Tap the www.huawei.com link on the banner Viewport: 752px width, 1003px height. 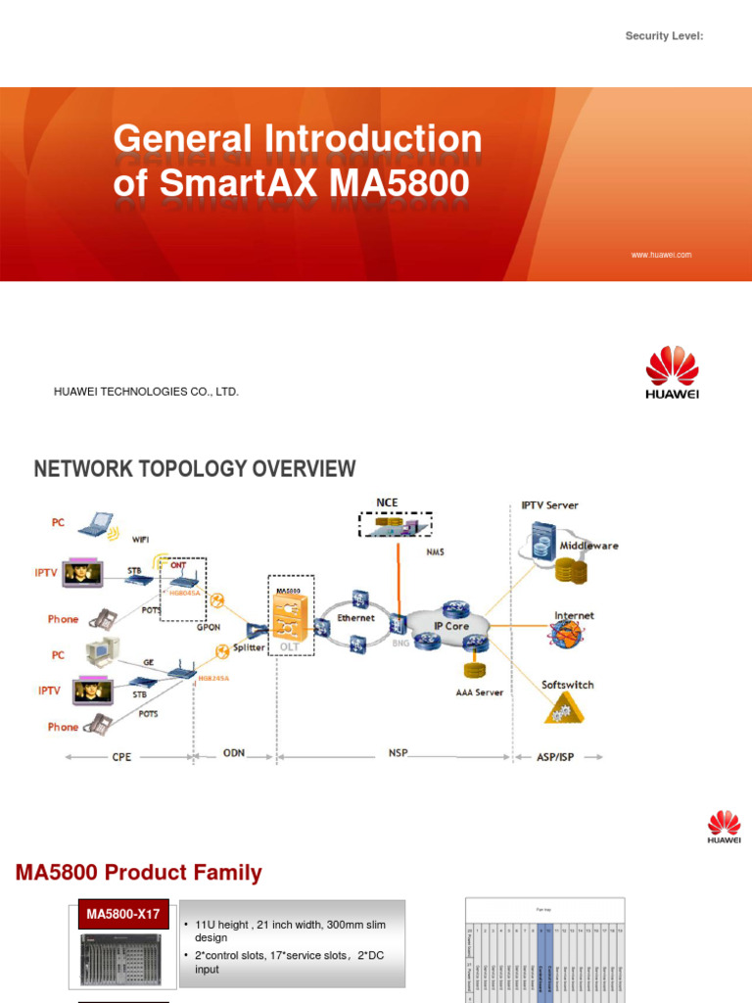click(x=661, y=255)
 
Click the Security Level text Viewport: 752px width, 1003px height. click(x=664, y=36)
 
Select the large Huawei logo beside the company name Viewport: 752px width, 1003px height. click(x=672, y=372)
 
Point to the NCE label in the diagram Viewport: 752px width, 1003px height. click(x=387, y=502)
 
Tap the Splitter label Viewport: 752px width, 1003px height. click(x=248, y=647)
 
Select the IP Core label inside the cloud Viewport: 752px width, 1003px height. click(x=451, y=624)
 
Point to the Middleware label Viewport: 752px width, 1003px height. click(x=588, y=546)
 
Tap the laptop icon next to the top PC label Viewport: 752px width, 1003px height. click(x=96, y=525)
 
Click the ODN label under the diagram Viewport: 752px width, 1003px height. click(x=234, y=753)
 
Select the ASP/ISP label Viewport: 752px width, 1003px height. click(x=554, y=757)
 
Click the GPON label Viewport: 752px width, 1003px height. click(x=209, y=626)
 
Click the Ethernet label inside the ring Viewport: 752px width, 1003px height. click(x=355, y=618)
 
